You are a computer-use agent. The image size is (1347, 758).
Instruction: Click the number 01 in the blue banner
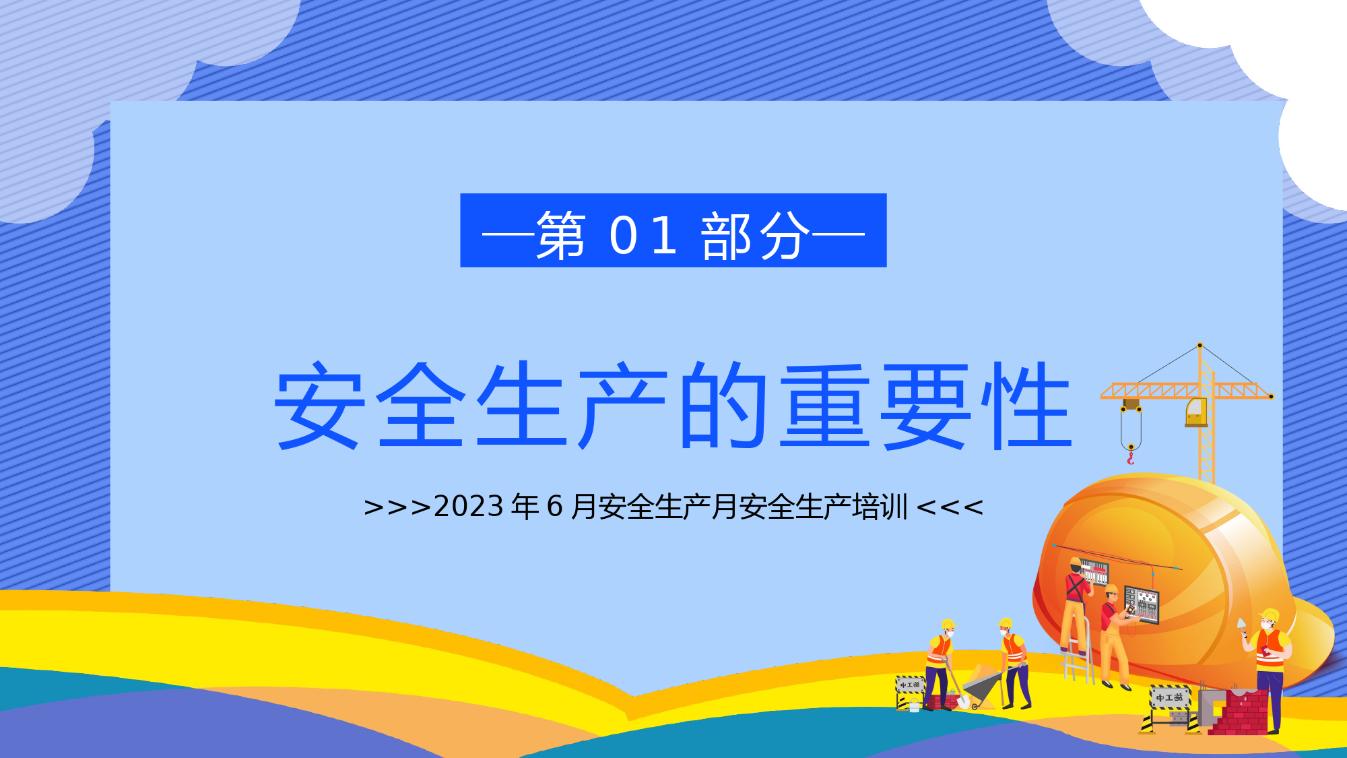643,235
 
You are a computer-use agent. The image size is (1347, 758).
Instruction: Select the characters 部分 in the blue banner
755,235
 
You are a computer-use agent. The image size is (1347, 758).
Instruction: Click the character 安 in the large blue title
320,405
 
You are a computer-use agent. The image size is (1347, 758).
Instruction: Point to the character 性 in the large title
1026,405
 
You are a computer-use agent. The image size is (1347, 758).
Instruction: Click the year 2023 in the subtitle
469,507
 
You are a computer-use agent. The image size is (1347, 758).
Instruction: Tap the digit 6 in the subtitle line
554,507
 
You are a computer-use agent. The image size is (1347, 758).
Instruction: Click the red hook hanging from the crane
1131,458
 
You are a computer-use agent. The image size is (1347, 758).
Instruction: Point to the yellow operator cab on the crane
1196,412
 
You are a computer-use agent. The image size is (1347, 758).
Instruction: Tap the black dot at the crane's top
1200,346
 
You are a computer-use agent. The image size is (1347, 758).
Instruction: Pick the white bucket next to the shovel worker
914,706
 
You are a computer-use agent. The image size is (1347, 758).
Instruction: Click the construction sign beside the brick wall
1170,709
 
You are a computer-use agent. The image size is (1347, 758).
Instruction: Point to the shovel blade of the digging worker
963,701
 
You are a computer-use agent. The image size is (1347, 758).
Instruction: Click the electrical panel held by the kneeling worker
1142,604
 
